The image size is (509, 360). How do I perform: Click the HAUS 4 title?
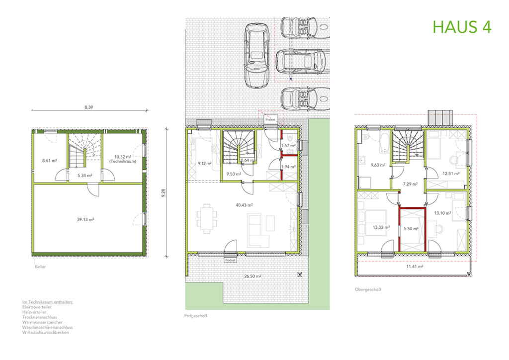click(x=462, y=27)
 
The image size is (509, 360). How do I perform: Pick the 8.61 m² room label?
click(x=50, y=161)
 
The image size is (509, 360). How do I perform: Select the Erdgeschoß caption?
click(x=195, y=316)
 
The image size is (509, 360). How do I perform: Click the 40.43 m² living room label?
click(x=245, y=205)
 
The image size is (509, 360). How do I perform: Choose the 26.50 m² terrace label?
click(x=252, y=276)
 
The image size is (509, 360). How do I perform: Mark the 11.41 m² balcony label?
click(x=414, y=267)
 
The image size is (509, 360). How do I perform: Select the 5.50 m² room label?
click(x=412, y=229)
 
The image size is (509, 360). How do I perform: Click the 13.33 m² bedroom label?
click(x=381, y=227)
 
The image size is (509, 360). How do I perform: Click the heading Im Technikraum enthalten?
click(x=48, y=302)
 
